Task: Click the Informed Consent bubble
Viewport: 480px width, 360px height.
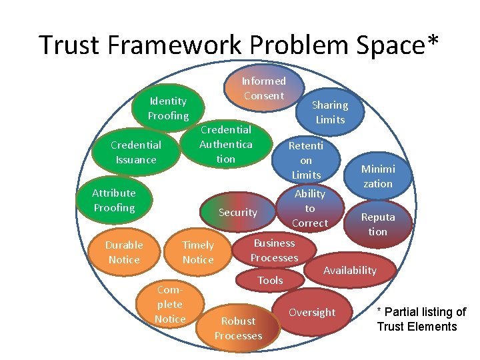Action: (263, 88)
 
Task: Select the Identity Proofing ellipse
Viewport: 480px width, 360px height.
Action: (168, 109)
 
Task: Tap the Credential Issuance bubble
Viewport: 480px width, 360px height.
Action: (135, 152)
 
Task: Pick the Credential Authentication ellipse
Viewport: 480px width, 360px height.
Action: (226, 144)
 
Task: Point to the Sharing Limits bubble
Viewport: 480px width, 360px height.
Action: (330, 112)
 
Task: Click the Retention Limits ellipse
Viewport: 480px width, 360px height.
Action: (306, 160)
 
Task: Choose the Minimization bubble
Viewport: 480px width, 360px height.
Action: (377, 176)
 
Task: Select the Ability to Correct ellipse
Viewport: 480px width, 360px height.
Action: (310, 208)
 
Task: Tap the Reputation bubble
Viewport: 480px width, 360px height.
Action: (377, 224)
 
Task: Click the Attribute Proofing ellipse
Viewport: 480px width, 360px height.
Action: (114, 200)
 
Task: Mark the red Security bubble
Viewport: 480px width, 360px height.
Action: (238, 212)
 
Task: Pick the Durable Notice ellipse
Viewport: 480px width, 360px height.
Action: (124, 252)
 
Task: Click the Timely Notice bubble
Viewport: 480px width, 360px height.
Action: (198, 252)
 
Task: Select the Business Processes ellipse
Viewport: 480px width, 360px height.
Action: (274, 250)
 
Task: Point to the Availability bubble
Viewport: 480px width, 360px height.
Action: (350, 270)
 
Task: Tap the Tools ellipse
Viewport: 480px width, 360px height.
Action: (270, 280)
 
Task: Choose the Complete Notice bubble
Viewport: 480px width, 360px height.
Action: (170, 305)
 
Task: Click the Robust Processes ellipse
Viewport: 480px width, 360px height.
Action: (238, 328)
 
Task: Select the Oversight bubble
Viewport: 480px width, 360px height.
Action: (312, 312)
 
